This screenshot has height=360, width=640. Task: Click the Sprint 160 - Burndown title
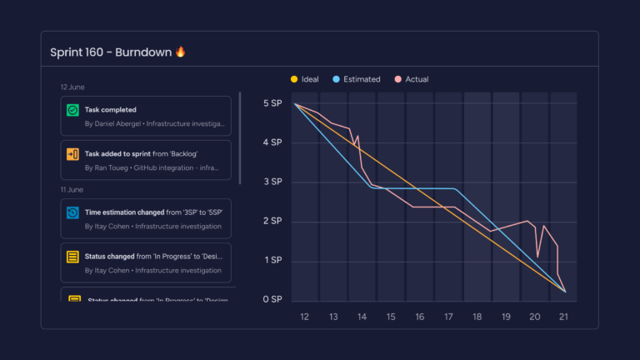tap(111, 52)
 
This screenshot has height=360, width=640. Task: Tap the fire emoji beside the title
tap(181, 52)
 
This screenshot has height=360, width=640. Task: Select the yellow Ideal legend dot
tap(294, 79)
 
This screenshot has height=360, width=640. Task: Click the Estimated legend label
tap(362, 79)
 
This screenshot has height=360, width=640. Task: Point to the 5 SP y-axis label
tap(272, 103)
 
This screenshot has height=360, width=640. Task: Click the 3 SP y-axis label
tap(272, 182)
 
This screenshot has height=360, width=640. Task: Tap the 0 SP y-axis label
tap(272, 299)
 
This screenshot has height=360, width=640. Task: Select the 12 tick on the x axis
tap(304, 317)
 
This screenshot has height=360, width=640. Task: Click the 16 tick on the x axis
tap(420, 317)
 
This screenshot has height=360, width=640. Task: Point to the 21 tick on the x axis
tap(564, 317)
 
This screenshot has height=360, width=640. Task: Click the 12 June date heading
tap(72, 87)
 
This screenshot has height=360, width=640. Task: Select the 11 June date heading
tap(72, 189)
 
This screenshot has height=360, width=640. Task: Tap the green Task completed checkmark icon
tap(72, 110)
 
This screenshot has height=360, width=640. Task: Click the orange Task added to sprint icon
tap(72, 154)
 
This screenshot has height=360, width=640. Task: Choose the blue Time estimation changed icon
tap(72, 212)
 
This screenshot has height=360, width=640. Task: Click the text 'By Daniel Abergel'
tap(112, 123)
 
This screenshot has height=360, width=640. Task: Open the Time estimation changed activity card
tap(146, 218)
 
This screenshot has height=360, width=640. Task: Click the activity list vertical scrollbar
tap(240, 137)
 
